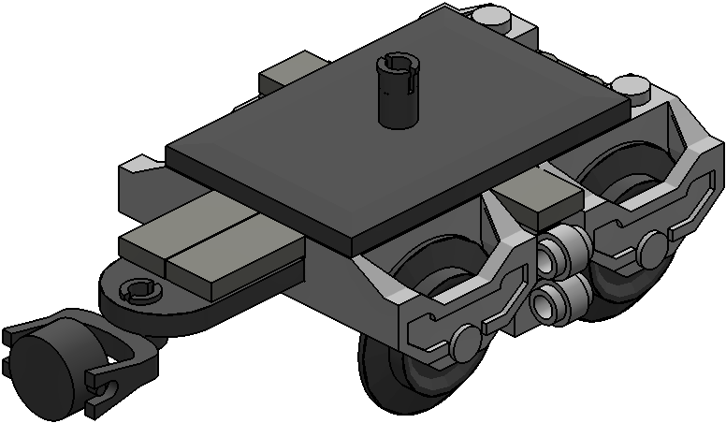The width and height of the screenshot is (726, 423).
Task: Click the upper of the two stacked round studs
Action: click(566, 249)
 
